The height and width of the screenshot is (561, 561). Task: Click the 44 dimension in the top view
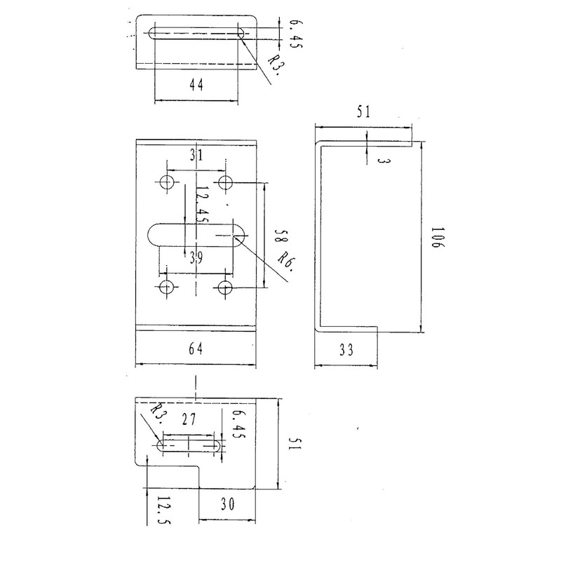[x=196, y=85]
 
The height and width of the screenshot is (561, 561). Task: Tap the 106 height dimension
[x=437, y=237]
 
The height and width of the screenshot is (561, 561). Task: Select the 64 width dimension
[x=196, y=348]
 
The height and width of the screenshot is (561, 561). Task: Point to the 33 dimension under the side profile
[x=346, y=349]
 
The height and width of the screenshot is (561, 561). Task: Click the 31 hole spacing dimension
[x=196, y=155]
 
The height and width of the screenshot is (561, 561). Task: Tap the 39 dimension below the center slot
[x=196, y=257]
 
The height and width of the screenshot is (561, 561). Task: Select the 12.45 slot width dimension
[x=201, y=205]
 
